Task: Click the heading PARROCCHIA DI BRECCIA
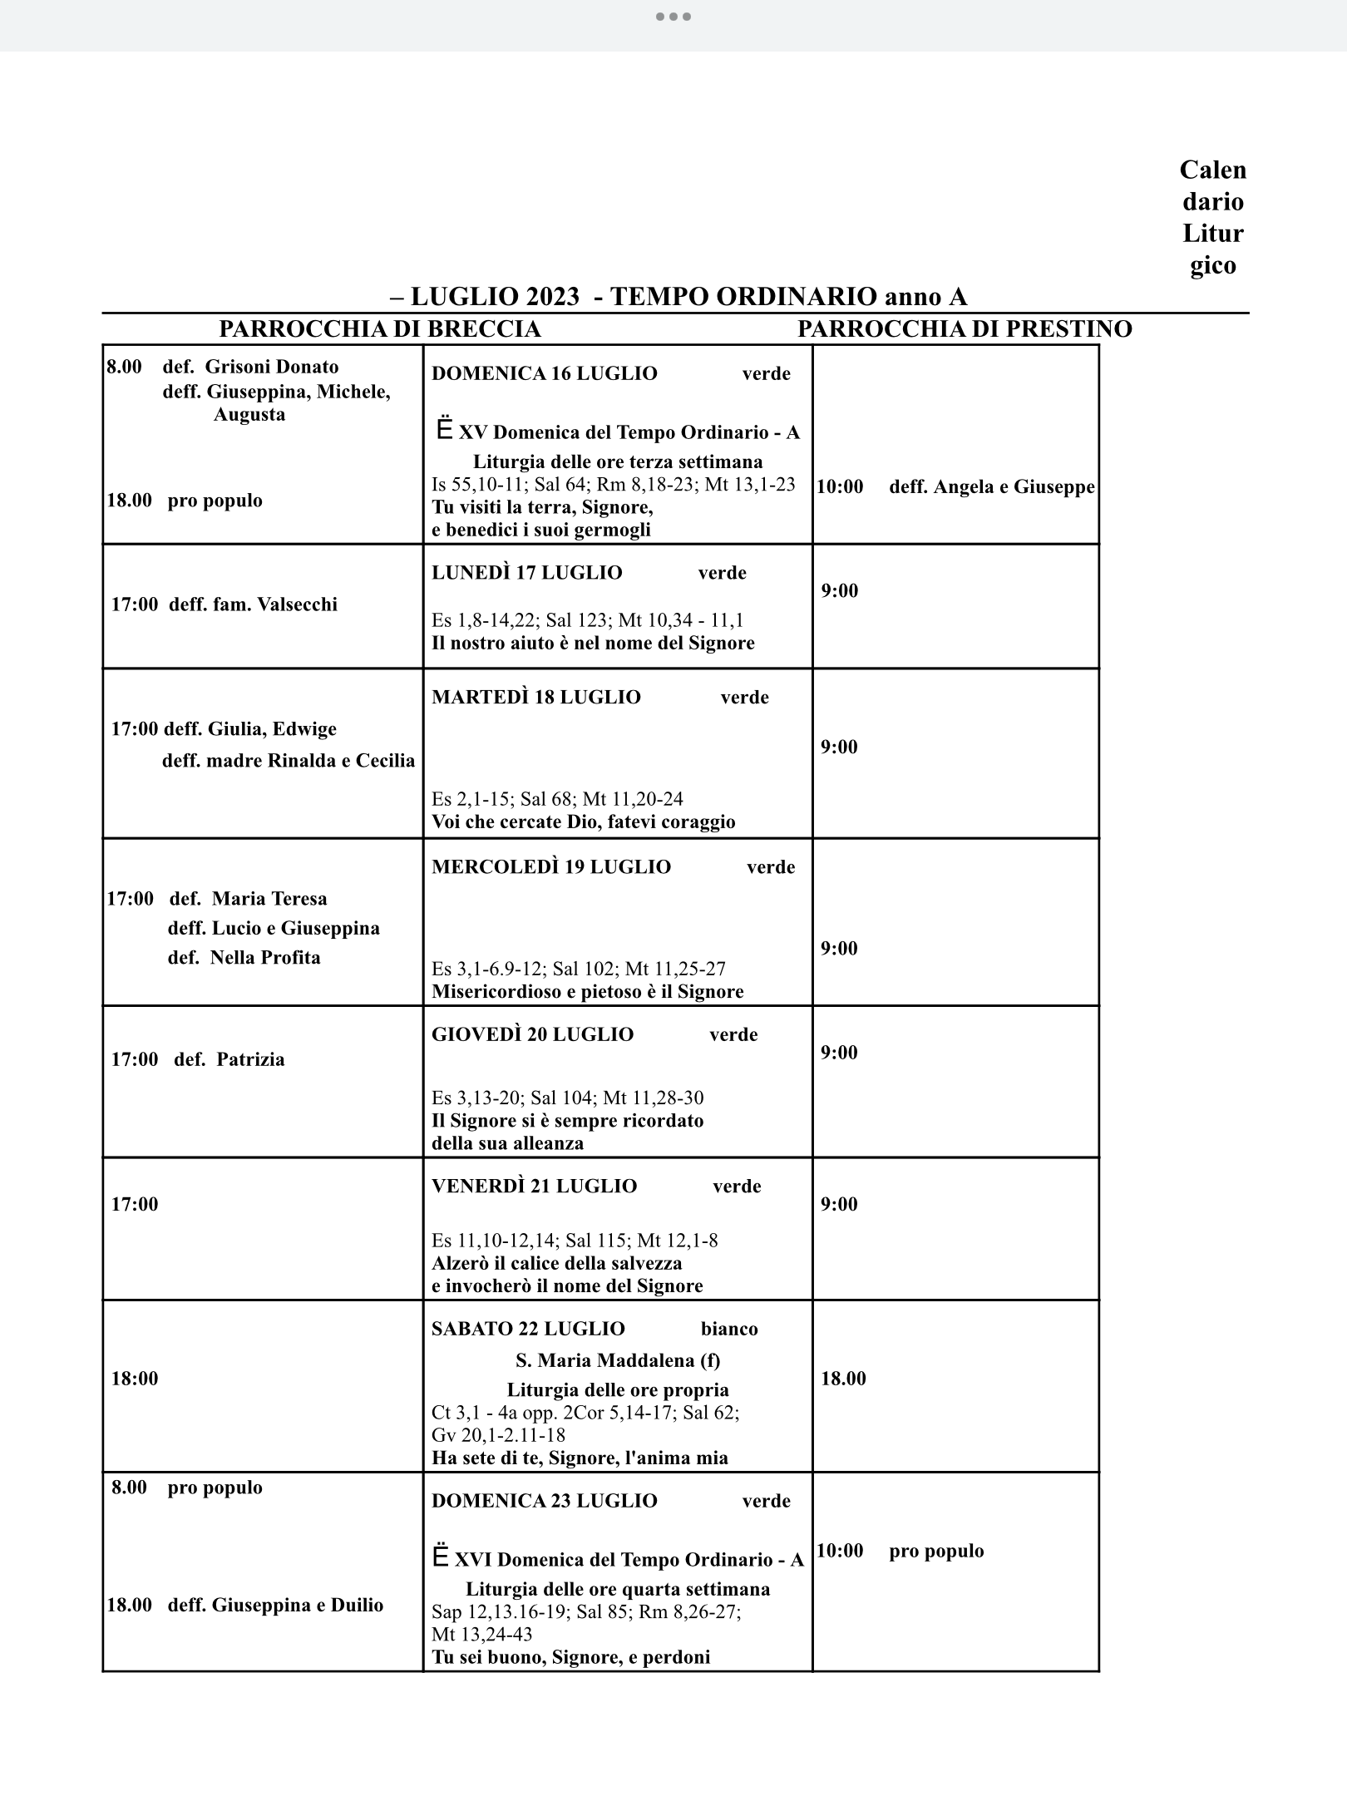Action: [x=380, y=329]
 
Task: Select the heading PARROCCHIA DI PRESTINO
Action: [x=965, y=329]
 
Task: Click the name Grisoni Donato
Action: [x=272, y=367]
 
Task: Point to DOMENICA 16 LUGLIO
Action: [x=544, y=373]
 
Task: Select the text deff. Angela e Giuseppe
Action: [x=991, y=486]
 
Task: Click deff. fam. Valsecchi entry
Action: [x=253, y=604]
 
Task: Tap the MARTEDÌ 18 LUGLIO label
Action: [x=535, y=697]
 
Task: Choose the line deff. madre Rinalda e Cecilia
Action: [x=288, y=761]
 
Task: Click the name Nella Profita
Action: [x=264, y=957]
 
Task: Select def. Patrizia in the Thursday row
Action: [x=229, y=1059]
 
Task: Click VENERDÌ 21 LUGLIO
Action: [x=534, y=1186]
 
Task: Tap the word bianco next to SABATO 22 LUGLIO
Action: [x=728, y=1329]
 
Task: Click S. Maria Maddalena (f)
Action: [x=618, y=1360]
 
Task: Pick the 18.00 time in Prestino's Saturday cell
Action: [x=843, y=1379]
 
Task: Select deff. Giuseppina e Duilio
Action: [x=275, y=1605]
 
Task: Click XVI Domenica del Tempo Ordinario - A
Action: [x=629, y=1560]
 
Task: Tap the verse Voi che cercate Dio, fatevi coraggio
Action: [x=583, y=822]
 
